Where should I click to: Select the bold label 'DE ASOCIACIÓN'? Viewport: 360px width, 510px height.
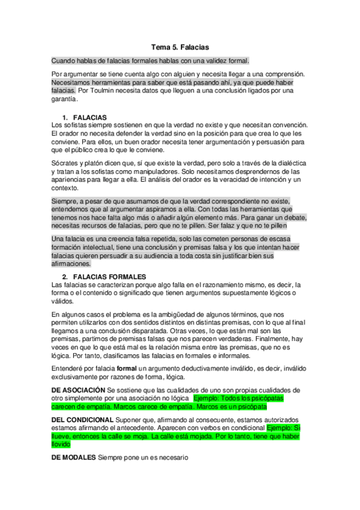81,390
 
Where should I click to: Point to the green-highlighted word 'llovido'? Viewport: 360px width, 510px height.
61,445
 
